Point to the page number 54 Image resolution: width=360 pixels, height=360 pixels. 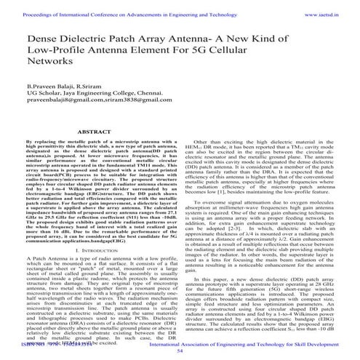coord(180,350)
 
